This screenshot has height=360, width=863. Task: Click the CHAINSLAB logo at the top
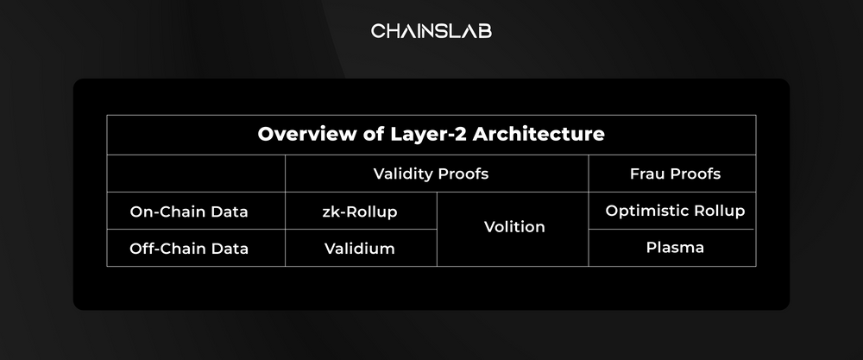[431, 31]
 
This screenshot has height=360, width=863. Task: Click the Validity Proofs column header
[431, 174]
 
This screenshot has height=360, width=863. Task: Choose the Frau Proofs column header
[675, 174]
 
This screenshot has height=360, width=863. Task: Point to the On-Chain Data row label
[189, 212]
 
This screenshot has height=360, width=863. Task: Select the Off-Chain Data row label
[189, 249]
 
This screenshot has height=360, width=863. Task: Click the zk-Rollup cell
[360, 212]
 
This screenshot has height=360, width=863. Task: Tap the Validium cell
[359, 249]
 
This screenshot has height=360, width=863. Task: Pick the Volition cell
[514, 227]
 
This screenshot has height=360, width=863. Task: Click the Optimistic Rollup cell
[675, 211]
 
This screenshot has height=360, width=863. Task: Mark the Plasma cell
[675, 248]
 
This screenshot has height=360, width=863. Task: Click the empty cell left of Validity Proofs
[196, 174]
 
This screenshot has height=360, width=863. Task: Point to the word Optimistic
[645, 211]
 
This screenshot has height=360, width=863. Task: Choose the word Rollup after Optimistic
[716, 211]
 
